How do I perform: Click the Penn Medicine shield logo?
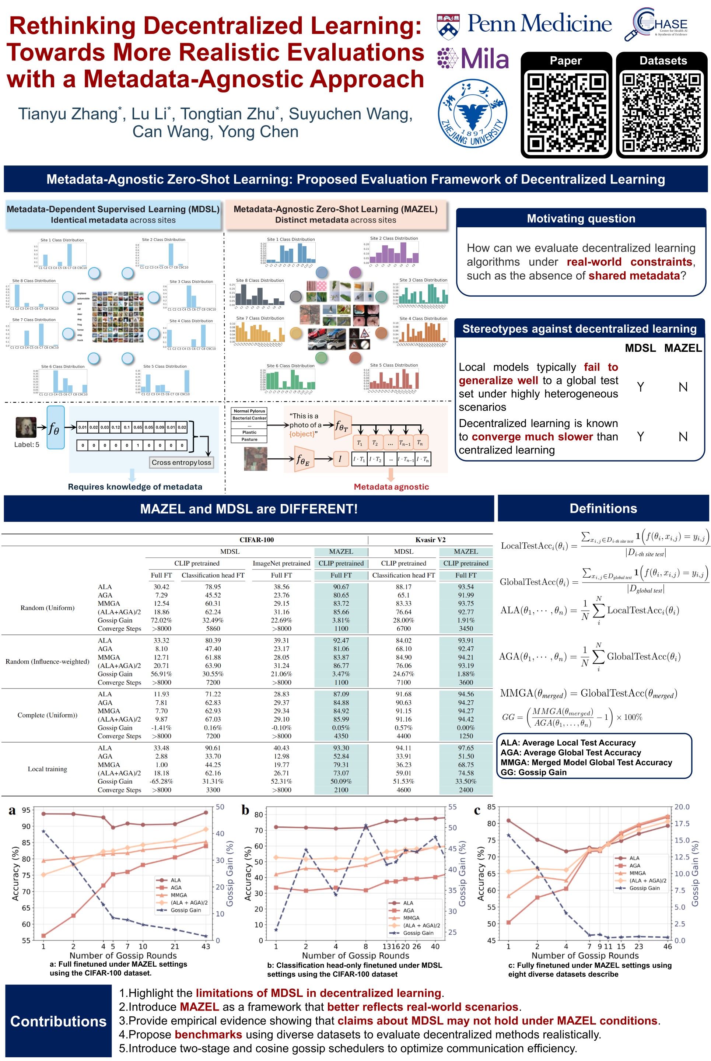448,27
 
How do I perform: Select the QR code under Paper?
566,112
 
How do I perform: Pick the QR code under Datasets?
661,112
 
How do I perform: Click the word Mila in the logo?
485,59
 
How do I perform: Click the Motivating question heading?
581,218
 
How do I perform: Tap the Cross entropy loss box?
181,462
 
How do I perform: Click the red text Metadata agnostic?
391,487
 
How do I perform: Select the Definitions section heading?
603,508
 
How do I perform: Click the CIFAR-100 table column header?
257,540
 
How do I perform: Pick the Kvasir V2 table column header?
430,540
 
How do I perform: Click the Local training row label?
47,769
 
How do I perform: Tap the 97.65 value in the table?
466,748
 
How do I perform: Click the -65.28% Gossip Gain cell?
161,781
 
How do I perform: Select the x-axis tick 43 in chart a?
206,946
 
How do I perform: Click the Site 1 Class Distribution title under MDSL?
62,240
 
